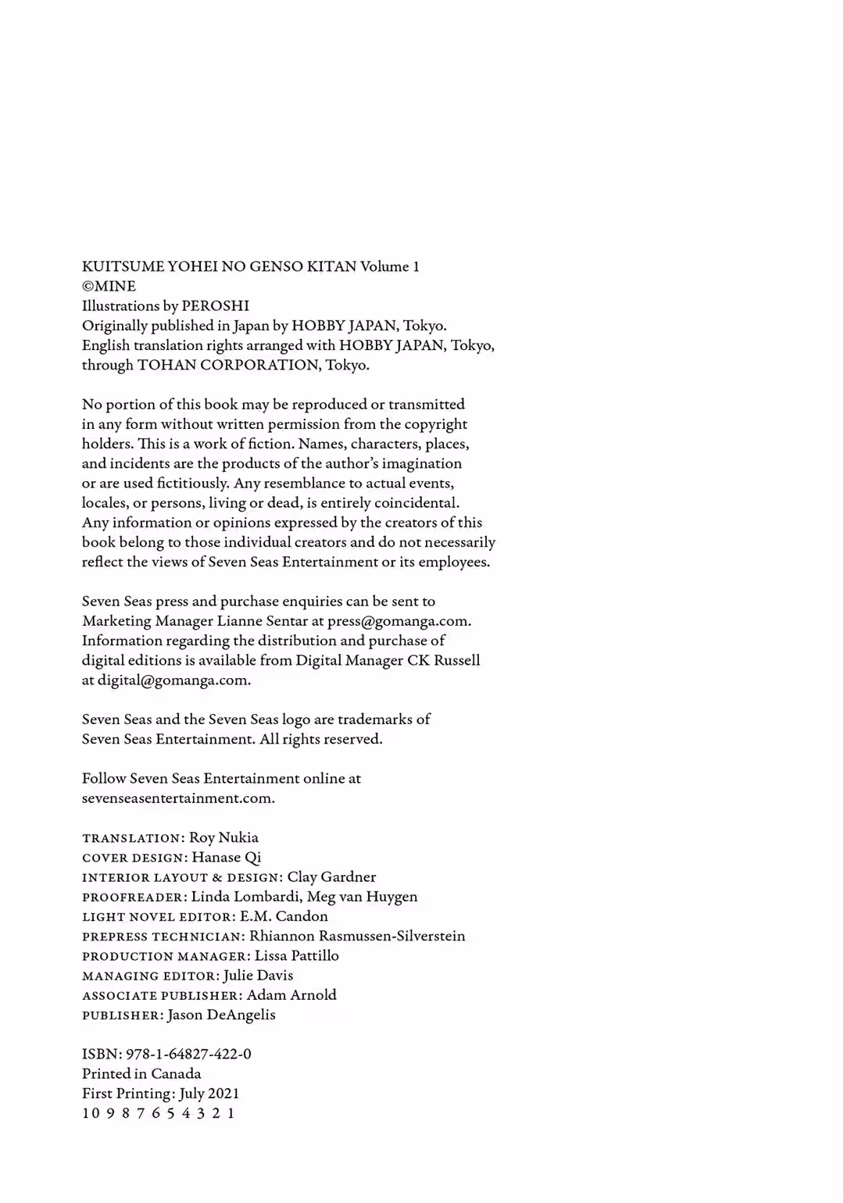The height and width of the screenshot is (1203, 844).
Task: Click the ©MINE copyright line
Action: [109, 286]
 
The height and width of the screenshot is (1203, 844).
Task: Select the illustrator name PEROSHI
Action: [215, 305]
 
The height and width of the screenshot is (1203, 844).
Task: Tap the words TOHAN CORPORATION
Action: [228, 365]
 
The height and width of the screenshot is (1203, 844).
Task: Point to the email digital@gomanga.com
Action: [173, 680]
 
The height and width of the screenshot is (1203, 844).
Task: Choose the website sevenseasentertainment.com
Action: [178, 798]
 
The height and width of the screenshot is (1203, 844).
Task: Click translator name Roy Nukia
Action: [224, 837]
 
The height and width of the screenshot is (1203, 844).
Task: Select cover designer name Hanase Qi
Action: [227, 857]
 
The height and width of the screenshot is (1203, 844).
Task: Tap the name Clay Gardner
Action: [331, 876]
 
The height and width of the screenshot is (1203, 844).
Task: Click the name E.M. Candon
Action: [284, 916]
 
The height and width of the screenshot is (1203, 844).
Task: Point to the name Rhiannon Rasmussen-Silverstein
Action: [357, 936]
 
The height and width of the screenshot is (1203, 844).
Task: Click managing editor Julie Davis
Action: [258, 975]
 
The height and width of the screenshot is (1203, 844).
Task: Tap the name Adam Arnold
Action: [291, 994]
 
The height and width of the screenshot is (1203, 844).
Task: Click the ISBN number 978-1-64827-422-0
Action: [188, 1054]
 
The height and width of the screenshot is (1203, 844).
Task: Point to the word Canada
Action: [176, 1073]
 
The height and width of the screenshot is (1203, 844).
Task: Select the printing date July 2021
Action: [209, 1094]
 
